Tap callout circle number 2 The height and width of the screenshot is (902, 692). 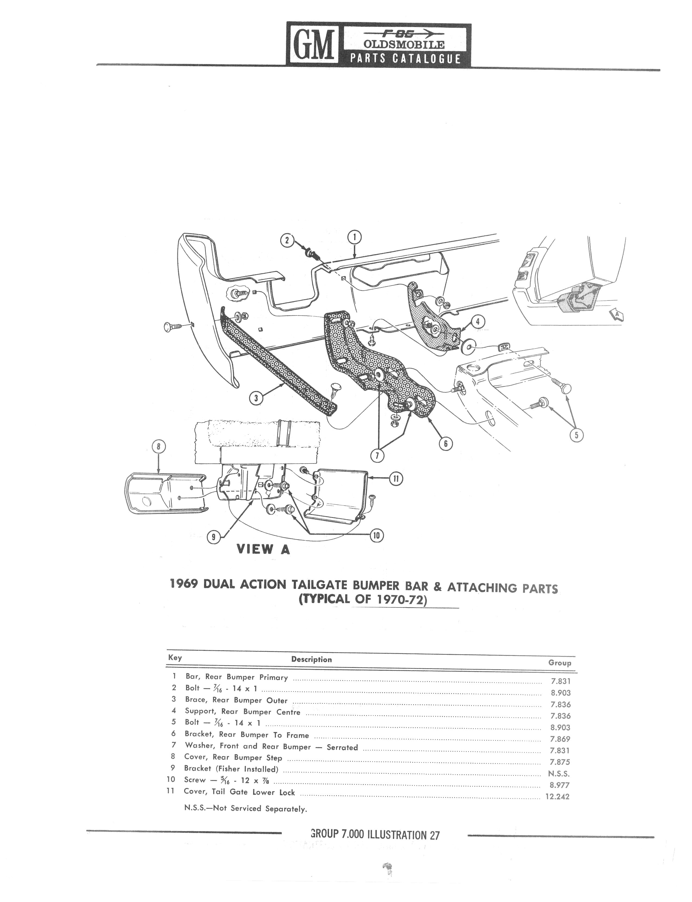click(x=288, y=241)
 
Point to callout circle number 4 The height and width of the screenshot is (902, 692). click(x=477, y=322)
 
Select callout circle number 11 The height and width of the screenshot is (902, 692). click(x=396, y=479)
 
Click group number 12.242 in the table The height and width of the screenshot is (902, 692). click(x=557, y=797)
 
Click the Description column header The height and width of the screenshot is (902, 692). click(x=312, y=660)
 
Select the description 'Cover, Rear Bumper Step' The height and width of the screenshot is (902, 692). click(x=233, y=758)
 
